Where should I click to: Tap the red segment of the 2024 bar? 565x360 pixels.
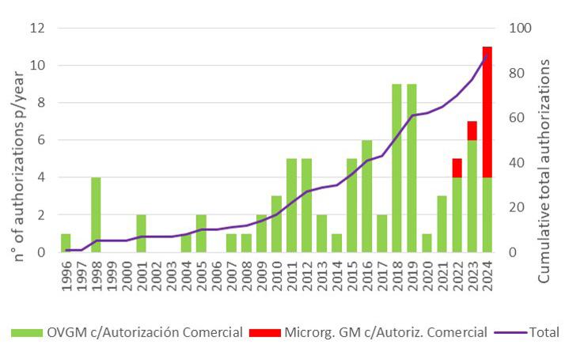pos(487,112)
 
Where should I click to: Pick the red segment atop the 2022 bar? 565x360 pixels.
pos(457,168)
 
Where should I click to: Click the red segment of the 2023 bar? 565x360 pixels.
pos(472,131)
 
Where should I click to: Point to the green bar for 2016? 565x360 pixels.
pos(366,195)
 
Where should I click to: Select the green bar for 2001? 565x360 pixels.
pos(141,233)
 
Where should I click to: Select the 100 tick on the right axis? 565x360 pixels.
pos(518,28)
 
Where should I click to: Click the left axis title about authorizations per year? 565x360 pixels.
pos(15,140)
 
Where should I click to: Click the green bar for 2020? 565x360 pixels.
pos(427,243)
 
